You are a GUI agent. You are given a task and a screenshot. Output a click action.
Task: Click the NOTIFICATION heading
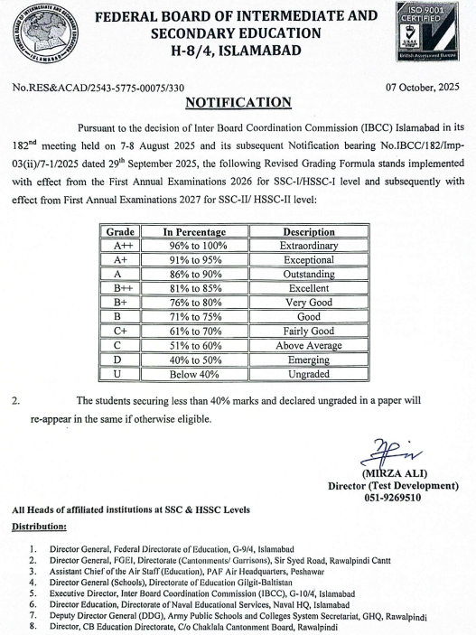[238, 102]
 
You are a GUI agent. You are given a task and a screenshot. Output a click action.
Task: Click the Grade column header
[120, 232]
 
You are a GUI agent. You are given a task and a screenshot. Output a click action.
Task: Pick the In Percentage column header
[194, 232]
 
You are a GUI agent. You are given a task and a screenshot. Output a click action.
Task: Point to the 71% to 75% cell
[194, 316]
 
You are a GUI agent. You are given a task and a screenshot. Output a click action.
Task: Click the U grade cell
[120, 373]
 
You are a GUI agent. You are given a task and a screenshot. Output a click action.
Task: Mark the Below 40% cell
[194, 373]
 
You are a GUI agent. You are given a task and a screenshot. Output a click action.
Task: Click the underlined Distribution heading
[39, 526]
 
